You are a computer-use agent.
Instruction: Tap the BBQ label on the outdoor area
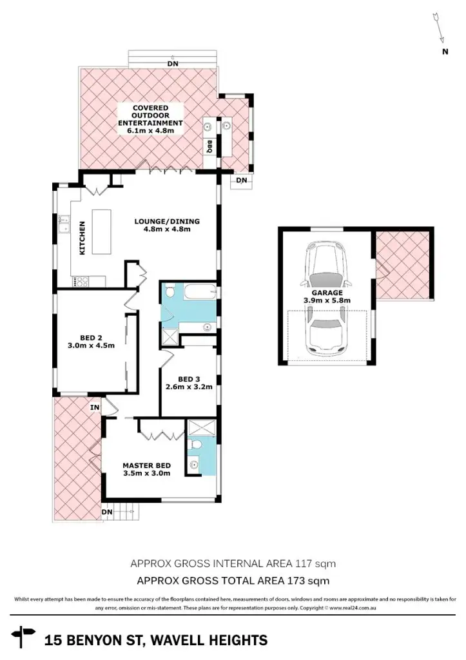pos(210,147)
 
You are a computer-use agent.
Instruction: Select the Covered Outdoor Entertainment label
pos(150,119)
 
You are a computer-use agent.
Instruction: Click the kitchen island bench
pos(102,232)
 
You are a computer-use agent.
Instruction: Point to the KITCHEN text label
pos(83,238)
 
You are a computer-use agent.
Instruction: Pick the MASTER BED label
pos(147,469)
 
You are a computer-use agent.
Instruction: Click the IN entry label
pos(95,407)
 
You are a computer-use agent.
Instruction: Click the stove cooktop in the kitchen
pos(82,281)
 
